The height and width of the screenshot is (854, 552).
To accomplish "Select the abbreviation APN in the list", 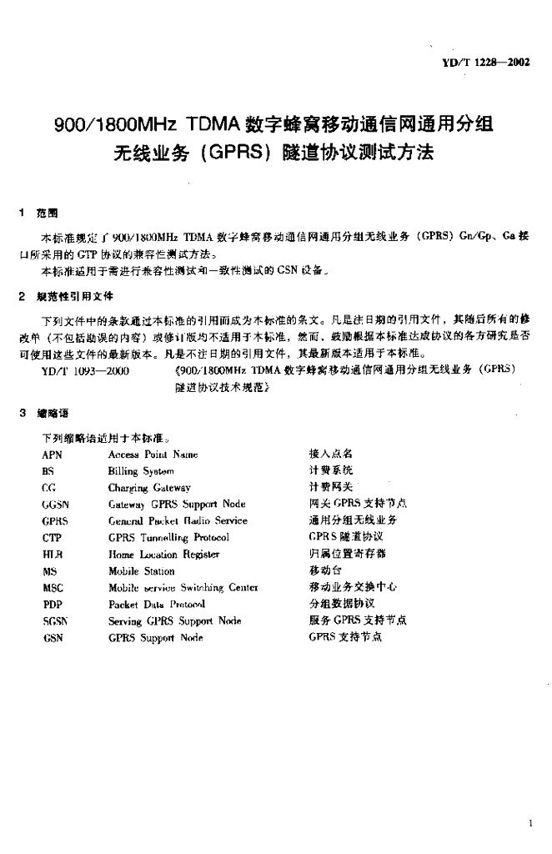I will coord(52,455).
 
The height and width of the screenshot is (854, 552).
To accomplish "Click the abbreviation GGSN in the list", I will coord(55,505).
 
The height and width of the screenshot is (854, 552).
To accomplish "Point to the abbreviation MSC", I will coord(53,587).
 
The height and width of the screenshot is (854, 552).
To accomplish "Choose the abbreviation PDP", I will coord(52,604).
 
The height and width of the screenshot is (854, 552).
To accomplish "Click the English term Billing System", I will coord(141,471).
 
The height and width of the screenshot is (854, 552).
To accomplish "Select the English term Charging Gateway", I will coord(149,488).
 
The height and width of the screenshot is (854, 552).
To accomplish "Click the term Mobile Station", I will coord(141,571).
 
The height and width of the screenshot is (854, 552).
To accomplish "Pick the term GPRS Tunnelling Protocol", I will coord(168,538).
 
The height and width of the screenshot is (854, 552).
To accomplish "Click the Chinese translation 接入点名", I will coord(331,454).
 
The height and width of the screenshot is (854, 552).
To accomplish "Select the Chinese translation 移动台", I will coord(325,571).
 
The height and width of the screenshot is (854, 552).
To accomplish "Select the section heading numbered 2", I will coord(69,296).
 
